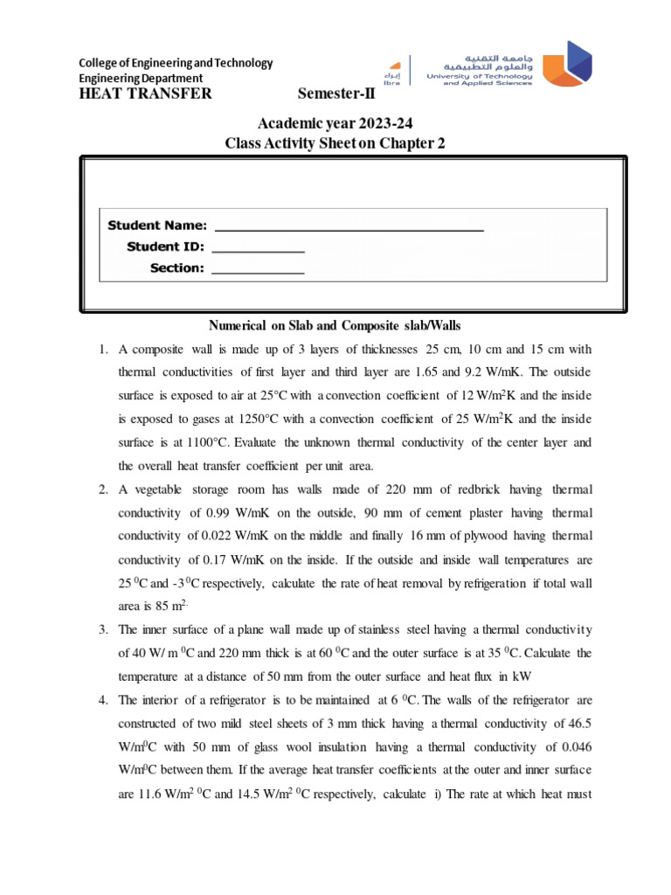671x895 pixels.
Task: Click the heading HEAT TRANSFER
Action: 145,94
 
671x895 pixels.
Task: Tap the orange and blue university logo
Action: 566,65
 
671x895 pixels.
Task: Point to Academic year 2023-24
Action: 335,126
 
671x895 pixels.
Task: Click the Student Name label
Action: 157,225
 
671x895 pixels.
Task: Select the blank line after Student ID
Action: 259,246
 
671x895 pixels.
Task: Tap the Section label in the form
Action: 176,267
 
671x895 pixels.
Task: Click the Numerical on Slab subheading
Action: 335,326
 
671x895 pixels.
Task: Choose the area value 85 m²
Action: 141,604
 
